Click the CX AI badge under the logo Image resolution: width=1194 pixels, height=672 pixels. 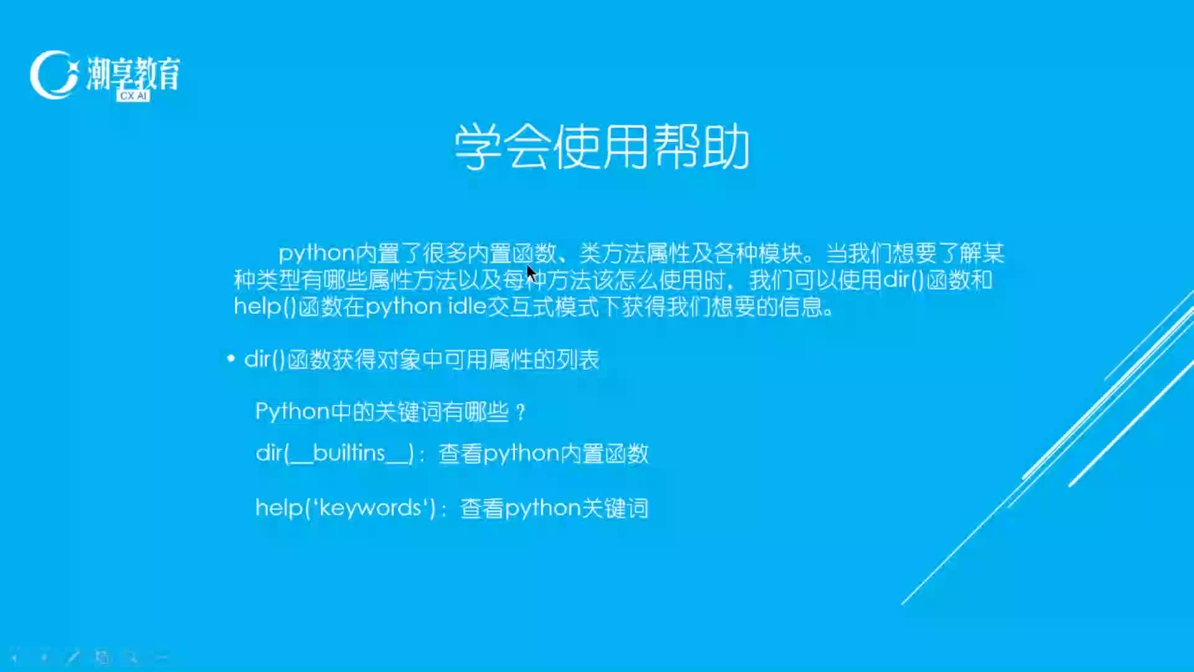[133, 96]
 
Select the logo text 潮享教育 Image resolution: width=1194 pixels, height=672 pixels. [134, 73]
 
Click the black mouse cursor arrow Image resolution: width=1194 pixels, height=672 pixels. [531, 274]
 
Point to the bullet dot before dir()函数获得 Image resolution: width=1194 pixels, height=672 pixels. [231, 359]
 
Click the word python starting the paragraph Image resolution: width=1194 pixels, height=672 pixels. [317, 254]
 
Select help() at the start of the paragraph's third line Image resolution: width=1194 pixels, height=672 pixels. [265, 307]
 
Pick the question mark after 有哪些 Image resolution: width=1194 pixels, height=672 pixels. [521, 413]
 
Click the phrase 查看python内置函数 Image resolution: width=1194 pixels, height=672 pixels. [544, 454]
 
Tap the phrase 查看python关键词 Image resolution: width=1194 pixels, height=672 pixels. [554, 508]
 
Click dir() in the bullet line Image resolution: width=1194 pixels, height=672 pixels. [264, 360]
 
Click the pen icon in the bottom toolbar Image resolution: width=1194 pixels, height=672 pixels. [73, 656]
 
